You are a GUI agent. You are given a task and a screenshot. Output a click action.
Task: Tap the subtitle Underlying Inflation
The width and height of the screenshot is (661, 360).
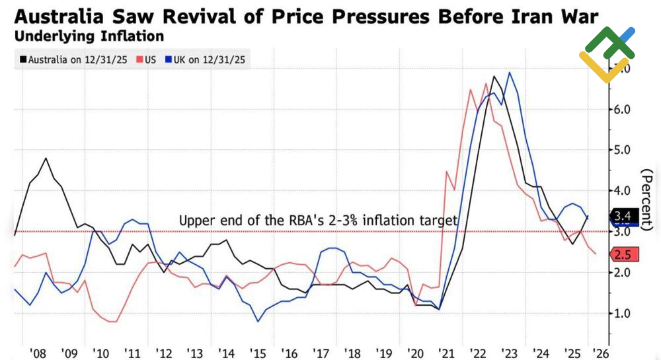click(89, 36)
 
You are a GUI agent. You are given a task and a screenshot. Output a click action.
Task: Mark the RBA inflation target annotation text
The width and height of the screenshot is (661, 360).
click(318, 221)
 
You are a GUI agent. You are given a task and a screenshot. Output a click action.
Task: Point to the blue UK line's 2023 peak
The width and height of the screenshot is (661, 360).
click(509, 73)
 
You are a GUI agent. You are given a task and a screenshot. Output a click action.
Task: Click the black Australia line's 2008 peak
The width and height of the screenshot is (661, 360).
click(46, 159)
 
